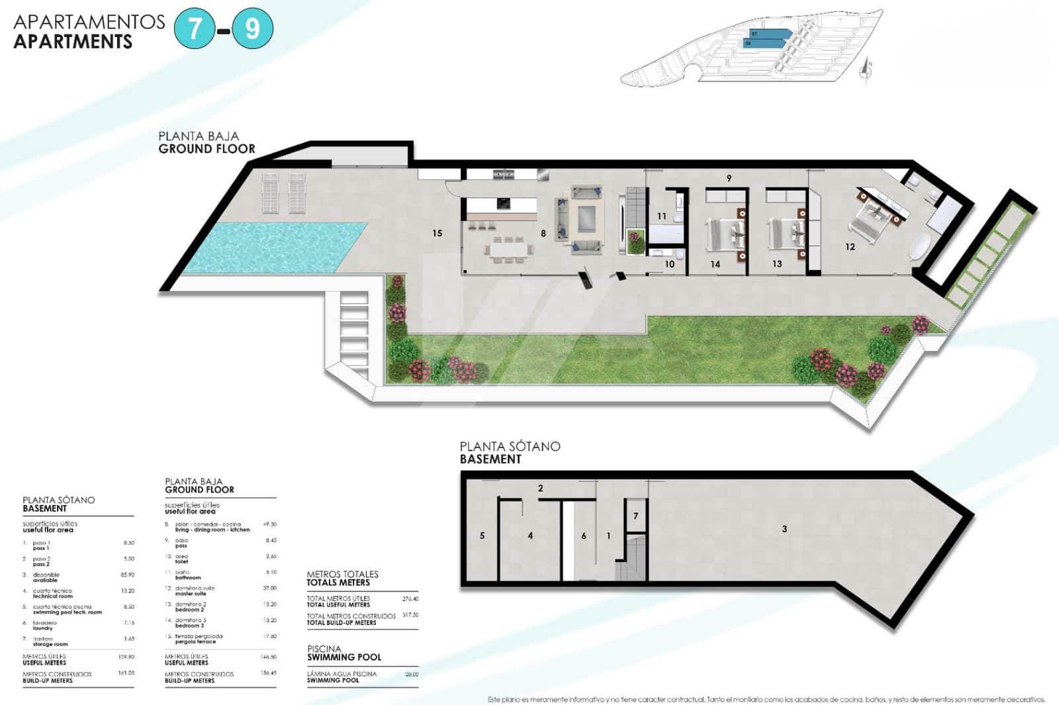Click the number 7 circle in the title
(x=195, y=28)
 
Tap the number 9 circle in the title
(x=252, y=28)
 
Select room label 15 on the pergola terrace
(x=437, y=233)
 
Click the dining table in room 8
(x=509, y=250)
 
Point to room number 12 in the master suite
(x=850, y=247)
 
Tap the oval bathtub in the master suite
(x=921, y=246)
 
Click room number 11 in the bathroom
(x=662, y=216)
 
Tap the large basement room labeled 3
(x=784, y=529)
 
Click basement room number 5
(x=482, y=536)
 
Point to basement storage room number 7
(x=635, y=516)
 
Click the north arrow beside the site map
(x=866, y=69)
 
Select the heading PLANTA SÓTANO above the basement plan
(x=510, y=446)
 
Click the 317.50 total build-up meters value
(x=410, y=615)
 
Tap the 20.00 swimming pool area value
(x=411, y=675)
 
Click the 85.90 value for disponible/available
(x=127, y=575)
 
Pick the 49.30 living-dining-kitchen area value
(x=269, y=524)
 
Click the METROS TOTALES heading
(x=342, y=574)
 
